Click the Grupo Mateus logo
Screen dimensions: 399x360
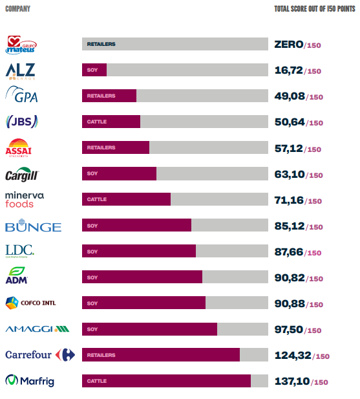coord(21,45)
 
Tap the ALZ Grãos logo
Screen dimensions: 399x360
coord(21,70)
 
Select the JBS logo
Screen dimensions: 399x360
coord(21,122)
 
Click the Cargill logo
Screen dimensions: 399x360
coord(22,175)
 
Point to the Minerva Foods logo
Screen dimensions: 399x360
coord(25,199)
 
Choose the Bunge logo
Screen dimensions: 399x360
coord(33,226)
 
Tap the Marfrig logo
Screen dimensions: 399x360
coord(30,381)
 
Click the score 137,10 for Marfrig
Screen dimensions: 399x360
coord(291,381)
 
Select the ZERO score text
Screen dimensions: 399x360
coord(288,45)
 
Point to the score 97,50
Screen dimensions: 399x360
coord(288,329)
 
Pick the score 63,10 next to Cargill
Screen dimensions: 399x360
coord(288,174)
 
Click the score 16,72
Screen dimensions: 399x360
coord(288,70)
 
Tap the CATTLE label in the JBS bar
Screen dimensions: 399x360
coord(97,122)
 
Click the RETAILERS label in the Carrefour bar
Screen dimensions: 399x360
coord(101,355)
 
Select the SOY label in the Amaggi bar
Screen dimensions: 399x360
coord(92,329)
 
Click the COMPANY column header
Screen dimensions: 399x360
coord(17,9)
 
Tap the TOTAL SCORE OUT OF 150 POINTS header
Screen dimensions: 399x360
coord(313,9)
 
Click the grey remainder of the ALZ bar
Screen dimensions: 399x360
coord(187,70)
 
